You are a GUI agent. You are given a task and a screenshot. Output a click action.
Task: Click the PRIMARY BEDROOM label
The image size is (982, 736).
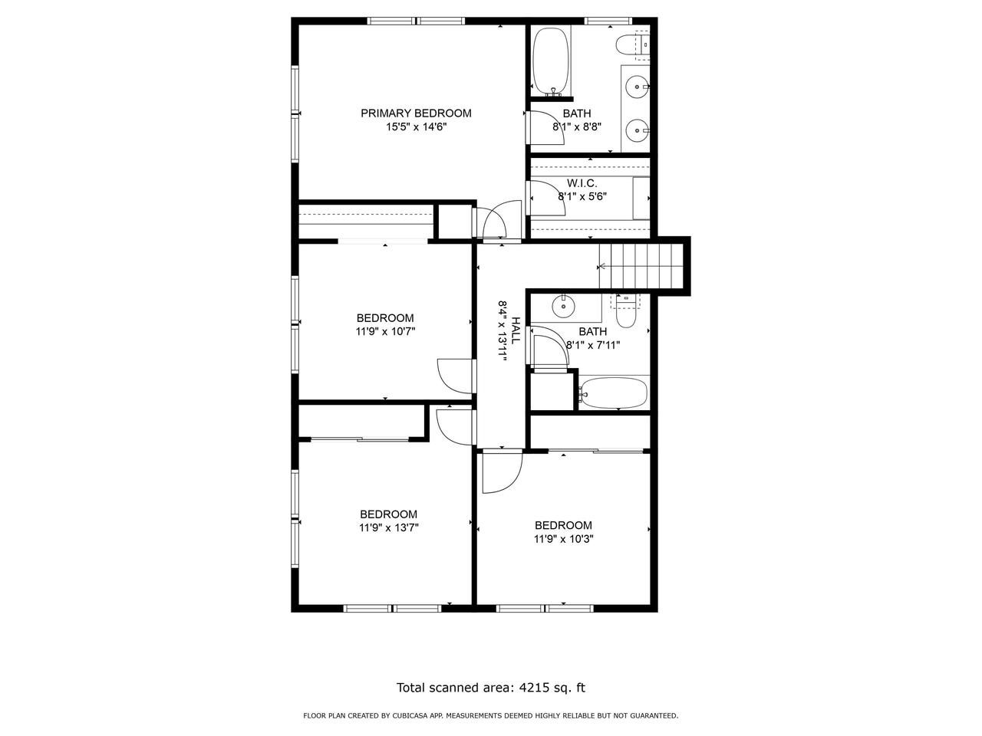416,113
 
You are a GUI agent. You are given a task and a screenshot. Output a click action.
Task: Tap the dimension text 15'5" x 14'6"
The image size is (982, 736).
416,127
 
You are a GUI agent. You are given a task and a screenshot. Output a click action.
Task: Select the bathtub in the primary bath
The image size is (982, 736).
550,60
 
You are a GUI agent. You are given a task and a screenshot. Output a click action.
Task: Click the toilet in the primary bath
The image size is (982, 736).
628,45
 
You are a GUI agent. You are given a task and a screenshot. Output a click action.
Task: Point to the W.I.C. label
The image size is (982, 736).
582,182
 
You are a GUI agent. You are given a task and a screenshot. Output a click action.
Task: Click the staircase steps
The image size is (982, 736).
643,266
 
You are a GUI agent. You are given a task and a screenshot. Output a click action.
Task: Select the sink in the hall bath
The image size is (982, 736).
564,306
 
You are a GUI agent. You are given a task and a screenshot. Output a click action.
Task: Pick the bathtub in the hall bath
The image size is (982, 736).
614,394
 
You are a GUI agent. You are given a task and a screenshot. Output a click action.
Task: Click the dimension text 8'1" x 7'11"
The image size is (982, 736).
592,345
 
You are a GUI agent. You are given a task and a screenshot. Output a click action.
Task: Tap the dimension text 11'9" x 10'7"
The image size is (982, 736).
385,332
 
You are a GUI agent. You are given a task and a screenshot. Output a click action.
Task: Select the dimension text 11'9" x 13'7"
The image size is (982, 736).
389,527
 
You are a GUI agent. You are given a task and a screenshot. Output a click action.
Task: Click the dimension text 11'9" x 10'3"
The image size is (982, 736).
564,539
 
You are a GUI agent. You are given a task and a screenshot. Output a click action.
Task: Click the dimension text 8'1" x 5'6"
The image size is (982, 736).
582,196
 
